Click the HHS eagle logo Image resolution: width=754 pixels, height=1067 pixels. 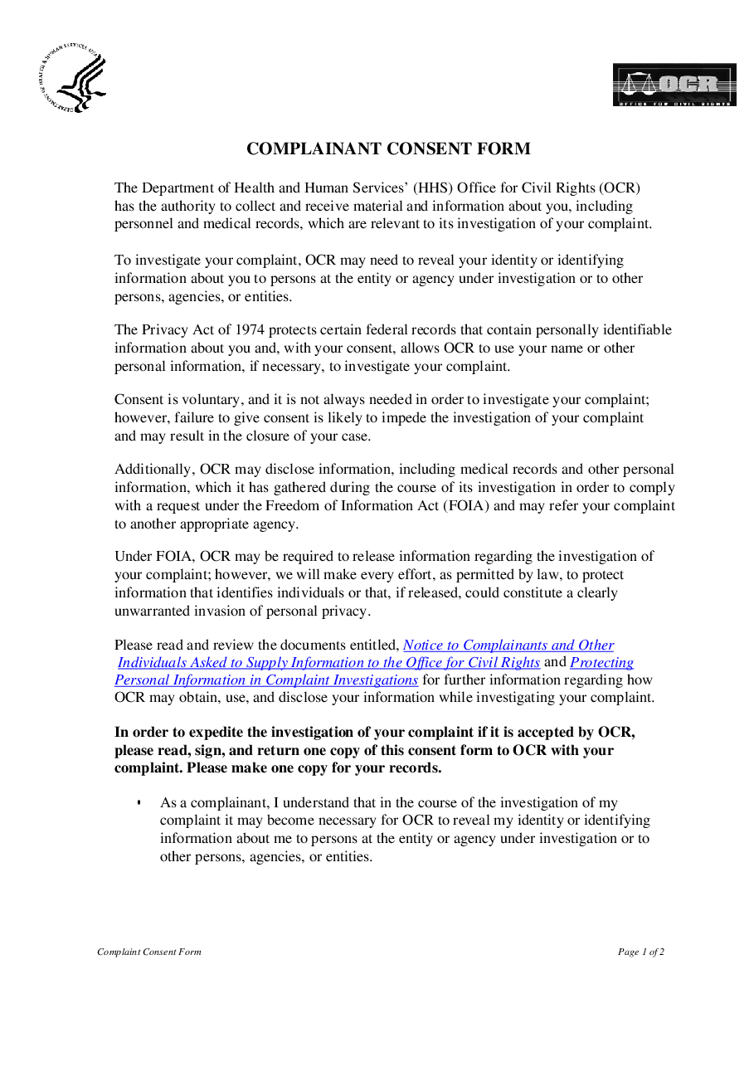[72, 81]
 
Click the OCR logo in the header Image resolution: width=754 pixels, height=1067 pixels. [674, 85]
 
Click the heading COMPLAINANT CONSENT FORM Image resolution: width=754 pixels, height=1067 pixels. [388, 149]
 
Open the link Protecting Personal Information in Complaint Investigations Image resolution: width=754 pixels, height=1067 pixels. [266, 680]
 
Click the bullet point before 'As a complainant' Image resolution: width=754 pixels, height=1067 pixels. [139, 803]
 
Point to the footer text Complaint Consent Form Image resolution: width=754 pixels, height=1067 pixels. [149, 952]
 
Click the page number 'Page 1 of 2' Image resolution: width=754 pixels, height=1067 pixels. [641, 952]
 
